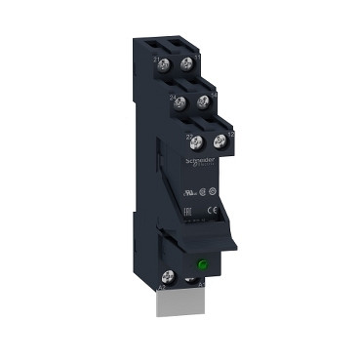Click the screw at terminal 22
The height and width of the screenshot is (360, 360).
pyautogui.click(x=196, y=142)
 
